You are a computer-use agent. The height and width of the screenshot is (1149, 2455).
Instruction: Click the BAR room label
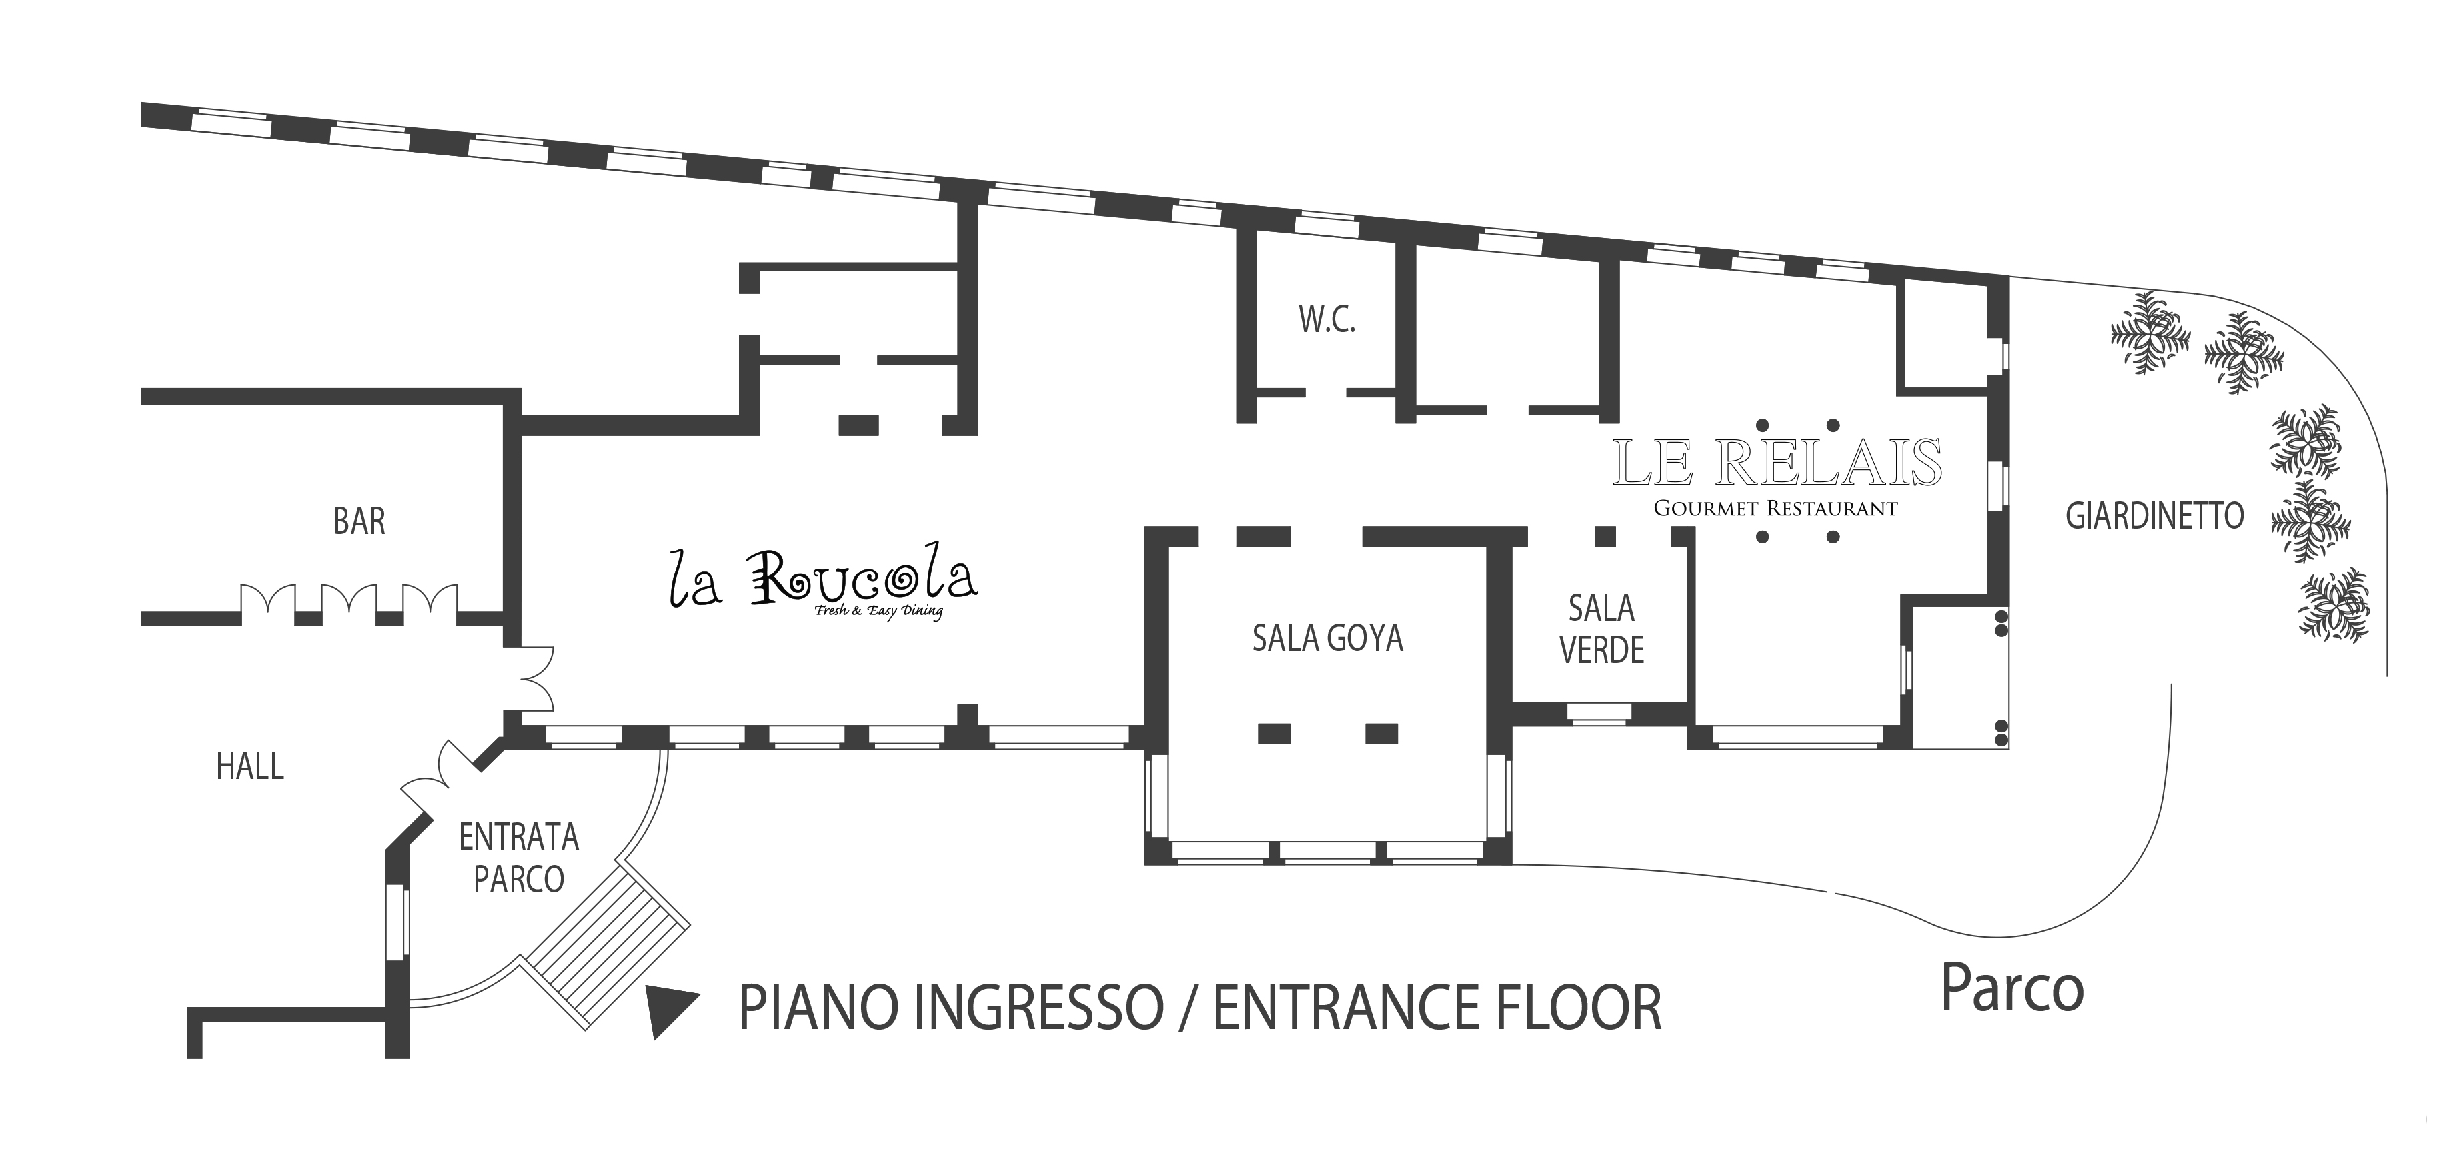coord(359,522)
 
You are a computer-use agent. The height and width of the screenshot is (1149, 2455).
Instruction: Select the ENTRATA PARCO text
coord(518,858)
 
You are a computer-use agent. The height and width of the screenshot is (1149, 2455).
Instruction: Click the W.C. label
coord(1327,320)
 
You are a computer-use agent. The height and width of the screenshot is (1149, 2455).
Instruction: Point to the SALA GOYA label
coord(1328,638)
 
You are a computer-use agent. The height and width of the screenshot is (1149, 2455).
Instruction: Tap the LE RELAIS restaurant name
coord(1777,463)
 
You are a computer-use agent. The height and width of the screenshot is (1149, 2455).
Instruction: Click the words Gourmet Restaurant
coord(1775,509)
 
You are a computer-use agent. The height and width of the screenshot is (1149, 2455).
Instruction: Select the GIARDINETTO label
coord(2155,517)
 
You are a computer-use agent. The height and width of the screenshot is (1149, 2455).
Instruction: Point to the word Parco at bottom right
coord(2013,991)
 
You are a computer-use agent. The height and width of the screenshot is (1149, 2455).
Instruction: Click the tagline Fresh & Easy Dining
coord(879,612)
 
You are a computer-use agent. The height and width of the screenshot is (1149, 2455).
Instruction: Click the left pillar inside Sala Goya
coord(1275,734)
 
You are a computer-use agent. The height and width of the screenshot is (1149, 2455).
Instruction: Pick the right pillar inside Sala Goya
coord(1382,734)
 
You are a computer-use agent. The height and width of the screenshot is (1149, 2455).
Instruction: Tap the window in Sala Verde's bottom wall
coord(1600,714)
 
